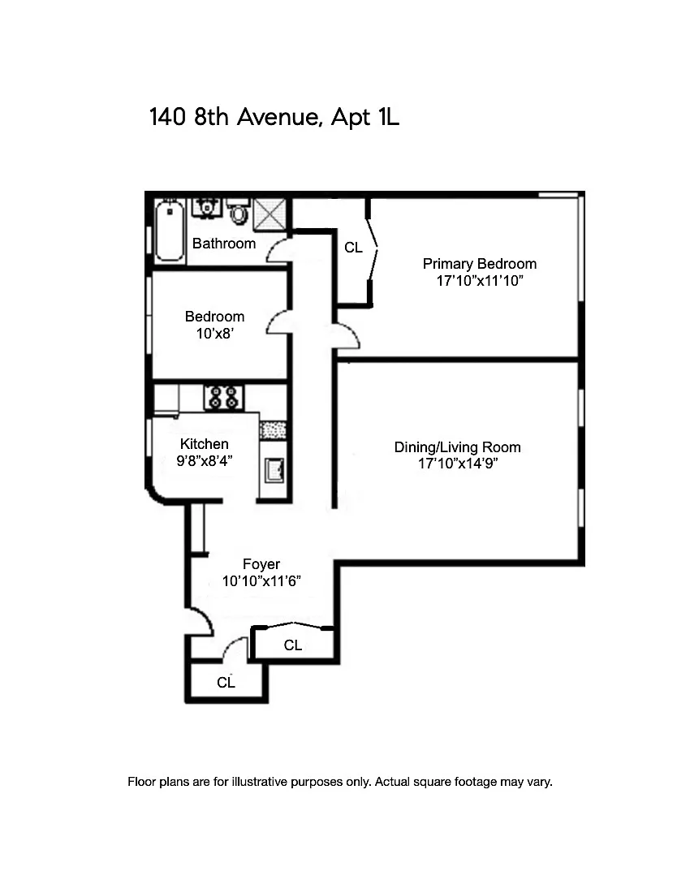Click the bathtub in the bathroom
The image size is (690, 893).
(170, 230)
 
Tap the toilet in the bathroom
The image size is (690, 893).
(239, 211)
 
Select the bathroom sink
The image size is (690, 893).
(205, 208)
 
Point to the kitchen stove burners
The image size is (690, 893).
(224, 398)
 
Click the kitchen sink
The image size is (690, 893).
(274, 470)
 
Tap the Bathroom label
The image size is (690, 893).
(224, 244)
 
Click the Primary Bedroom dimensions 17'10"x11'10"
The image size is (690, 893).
(480, 281)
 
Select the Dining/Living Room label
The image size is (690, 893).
(457, 447)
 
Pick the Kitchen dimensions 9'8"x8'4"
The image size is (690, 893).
(205, 461)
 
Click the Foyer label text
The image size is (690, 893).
(261, 564)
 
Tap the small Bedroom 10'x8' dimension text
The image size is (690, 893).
(214, 334)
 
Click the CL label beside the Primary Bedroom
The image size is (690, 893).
(354, 247)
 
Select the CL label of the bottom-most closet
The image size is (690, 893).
(226, 682)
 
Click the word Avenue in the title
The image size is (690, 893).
(279, 117)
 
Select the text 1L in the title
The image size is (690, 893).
(388, 117)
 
